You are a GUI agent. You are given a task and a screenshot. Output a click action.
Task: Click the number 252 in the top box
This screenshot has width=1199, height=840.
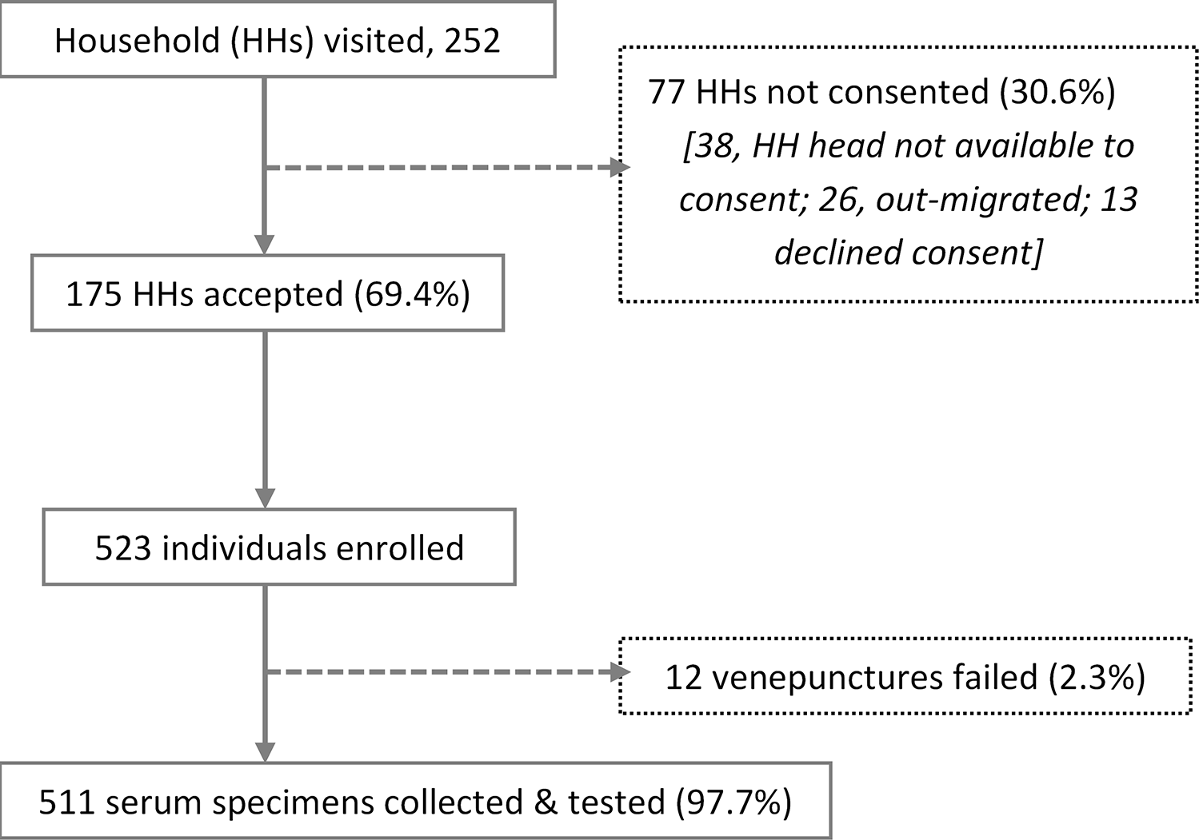[x=472, y=40]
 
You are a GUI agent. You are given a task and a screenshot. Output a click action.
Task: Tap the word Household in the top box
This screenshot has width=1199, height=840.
[x=138, y=40]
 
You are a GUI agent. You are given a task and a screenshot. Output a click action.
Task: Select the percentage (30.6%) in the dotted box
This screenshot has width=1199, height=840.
[x=1058, y=92]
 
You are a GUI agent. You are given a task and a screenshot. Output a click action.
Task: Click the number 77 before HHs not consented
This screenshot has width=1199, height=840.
[x=665, y=92]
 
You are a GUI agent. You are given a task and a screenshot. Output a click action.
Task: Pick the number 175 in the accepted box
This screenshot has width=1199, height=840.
[x=94, y=294]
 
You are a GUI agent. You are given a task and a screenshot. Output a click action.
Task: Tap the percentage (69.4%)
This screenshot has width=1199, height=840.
[x=412, y=294]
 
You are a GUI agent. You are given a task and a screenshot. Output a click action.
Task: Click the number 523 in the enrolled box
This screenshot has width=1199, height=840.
[x=123, y=548]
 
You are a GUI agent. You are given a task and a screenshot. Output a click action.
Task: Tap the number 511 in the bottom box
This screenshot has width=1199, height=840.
[x=66, y=802]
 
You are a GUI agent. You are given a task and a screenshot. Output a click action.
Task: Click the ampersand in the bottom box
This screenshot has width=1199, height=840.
[x=545, y=802]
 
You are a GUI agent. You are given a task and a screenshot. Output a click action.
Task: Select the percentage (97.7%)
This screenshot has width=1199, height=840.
[x=733, y=802]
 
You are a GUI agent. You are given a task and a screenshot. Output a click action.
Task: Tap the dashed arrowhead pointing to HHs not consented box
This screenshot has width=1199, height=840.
[x=621, y=167]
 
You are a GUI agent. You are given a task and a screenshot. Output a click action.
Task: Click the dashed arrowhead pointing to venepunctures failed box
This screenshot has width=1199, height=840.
[x=621, y=672]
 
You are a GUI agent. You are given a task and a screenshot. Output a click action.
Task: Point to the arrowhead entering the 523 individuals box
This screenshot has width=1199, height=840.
[x=265, y=499]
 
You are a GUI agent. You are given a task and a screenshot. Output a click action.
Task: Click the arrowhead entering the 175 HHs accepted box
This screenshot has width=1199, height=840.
[x=265, y=245]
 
